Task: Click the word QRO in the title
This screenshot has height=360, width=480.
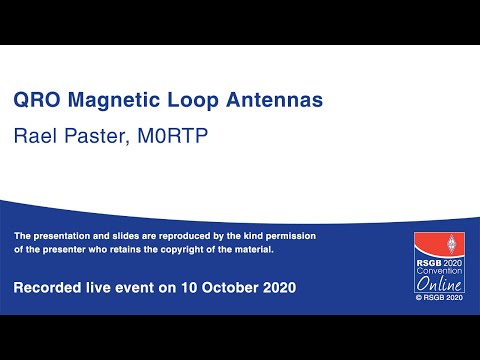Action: coord(35,101)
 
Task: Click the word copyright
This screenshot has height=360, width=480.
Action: coord(179,249)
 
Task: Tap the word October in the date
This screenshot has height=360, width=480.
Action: coord(217,288)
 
